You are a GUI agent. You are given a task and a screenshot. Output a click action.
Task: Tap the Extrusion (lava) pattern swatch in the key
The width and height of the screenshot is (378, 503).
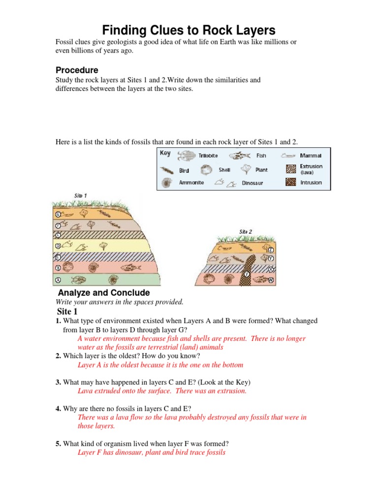pos(291,169)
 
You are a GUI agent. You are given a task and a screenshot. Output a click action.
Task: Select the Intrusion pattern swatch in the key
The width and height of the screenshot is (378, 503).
pos(291,182)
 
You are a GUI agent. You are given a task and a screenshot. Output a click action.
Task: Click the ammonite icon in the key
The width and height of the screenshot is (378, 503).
pos(168,183)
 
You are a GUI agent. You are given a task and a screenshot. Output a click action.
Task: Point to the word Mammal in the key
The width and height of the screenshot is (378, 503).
pos(311,156)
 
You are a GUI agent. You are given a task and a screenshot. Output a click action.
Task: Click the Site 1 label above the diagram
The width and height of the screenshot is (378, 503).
pos(80,196)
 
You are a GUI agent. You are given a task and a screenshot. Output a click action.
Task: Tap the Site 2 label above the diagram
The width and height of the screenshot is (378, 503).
pos(246,231)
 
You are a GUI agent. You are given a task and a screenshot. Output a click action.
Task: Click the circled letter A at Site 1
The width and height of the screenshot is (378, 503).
pos(58,280)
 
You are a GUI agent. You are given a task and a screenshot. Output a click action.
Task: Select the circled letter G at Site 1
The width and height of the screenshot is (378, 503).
pos(58,214)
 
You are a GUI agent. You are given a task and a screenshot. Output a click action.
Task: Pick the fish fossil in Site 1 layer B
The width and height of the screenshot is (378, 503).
pos(131,268)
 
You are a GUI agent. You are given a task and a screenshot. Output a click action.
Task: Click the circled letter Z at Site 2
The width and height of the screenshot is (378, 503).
pos(271,249)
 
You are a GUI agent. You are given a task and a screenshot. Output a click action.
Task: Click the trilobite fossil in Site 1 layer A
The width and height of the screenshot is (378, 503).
pos(77,280)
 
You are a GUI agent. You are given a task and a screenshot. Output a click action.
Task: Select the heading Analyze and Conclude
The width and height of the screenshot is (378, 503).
pos(104,293)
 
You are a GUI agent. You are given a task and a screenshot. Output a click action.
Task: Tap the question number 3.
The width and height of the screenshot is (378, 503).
pos(58,383)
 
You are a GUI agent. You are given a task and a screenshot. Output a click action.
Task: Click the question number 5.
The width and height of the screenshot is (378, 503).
pos(58,444)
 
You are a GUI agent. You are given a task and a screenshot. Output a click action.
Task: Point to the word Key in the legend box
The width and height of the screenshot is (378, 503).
pos(165,153)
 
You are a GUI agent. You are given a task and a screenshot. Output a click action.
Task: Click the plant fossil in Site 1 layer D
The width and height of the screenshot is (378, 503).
pos(103,245)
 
